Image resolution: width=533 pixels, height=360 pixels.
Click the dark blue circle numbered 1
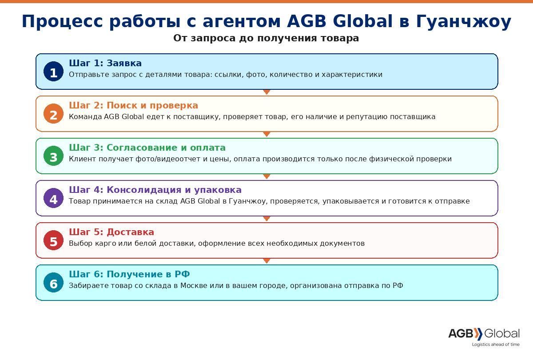point(54,72)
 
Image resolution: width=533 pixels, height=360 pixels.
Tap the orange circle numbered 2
point(54,114)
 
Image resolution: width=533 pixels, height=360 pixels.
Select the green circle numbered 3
point(54,156)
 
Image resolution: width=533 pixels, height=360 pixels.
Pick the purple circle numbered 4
point(54,198)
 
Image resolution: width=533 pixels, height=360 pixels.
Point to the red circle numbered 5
point(54,240)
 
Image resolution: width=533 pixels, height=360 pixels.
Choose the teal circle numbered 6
point(54,283)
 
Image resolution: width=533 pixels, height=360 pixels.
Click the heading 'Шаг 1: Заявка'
point(105,63)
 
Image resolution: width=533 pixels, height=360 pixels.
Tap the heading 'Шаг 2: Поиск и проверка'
point(134,105)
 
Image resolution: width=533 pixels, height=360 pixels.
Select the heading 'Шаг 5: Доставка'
point(111,232)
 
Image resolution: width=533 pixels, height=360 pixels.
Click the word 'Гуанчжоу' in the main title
point(464,22)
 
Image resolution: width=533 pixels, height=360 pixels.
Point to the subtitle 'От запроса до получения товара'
point(266,38)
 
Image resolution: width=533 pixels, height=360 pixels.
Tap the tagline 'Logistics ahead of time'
point(496,344)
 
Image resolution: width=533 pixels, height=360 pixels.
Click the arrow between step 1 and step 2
point(267,92)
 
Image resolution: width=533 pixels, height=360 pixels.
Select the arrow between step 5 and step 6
point(267,261)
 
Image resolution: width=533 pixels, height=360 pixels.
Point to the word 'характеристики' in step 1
point(352,75)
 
